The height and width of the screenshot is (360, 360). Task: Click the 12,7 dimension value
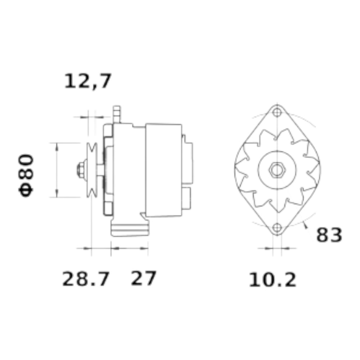(88, 81)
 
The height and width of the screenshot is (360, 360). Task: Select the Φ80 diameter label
(26, 176)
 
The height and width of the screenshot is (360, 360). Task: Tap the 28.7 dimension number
(85, 279)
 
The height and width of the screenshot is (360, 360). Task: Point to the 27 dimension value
(144, 278)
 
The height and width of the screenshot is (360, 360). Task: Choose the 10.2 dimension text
(273, 280)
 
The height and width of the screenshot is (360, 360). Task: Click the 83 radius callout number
(329, 235)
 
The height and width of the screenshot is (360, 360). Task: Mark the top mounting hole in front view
(277, 112)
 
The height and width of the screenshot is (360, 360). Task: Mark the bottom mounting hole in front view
(277, 228)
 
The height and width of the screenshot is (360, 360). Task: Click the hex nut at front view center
(277, 170)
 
